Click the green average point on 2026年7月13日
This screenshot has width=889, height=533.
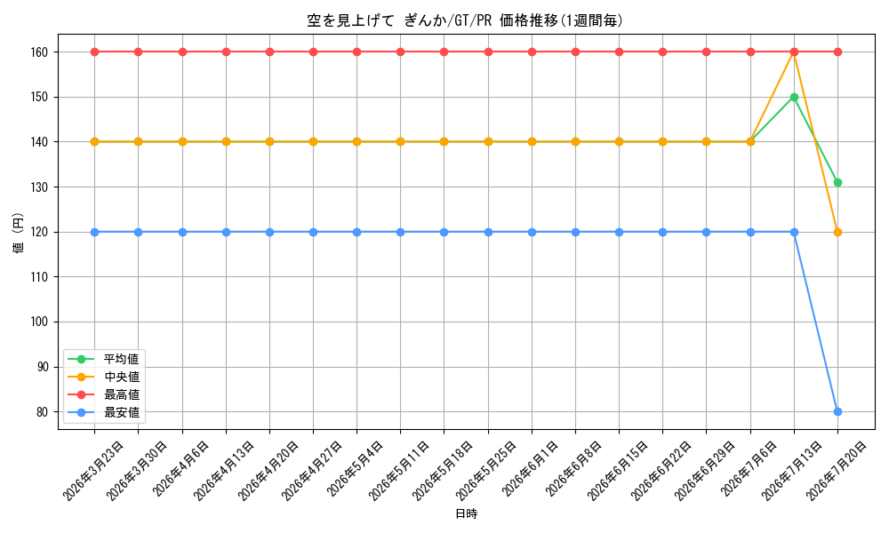click(x=794, y=97)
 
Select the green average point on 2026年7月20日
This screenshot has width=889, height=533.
click(x=837, y=182)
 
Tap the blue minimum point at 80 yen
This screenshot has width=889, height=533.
click(x=837, y=412)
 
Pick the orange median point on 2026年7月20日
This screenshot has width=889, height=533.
click(x=837, y=232)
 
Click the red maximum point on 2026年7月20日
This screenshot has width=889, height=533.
click(x=837, y=52)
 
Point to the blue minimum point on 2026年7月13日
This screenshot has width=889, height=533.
click(x=794, y=232)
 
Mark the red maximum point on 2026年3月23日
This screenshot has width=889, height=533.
click(x=95, y=52)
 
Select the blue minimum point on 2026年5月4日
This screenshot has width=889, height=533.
click(x=356, y=232)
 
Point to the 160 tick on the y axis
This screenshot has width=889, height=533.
click(x=42, y=52)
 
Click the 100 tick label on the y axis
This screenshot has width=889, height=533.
click(x=42, y=322)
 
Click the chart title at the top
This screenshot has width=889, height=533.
click(x=465, y=20)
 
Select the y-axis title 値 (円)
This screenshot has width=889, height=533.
click(x=19, y=232)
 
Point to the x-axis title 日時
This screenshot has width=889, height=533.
click(x=466, y=513)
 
